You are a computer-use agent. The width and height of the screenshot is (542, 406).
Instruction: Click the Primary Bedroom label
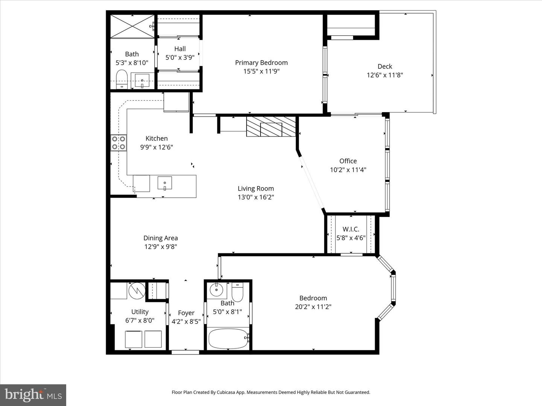click(261, 63)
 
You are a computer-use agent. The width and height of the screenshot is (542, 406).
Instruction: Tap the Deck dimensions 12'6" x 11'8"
click(385, 75)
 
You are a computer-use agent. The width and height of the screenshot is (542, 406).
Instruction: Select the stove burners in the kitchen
click(119, 143)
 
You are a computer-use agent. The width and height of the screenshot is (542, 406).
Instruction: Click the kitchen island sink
click(164, 183)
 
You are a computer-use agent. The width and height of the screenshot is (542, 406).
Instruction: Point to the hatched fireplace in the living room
click(271, 127)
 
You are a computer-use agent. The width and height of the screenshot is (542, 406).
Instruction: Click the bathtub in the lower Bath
click(228, 338)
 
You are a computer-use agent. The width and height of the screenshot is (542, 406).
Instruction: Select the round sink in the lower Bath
click(217, 289)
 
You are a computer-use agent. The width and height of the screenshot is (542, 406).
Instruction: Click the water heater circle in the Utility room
click(137, 290)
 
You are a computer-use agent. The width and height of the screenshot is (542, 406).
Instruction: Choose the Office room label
click(348, 161)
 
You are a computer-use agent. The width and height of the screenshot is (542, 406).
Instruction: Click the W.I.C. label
click(351, 229)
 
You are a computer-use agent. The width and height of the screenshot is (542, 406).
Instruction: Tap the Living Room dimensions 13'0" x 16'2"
click(256, 197)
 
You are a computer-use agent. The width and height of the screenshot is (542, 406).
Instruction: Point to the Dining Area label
click(160, 238)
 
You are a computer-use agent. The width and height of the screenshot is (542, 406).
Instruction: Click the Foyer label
click(186, 313)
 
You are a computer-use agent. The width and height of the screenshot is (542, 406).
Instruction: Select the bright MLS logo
click(33, 395)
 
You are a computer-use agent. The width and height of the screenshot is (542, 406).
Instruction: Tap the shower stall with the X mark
click(132, 26)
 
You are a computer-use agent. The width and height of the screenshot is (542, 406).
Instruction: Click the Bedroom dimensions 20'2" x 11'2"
click(313, 307)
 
